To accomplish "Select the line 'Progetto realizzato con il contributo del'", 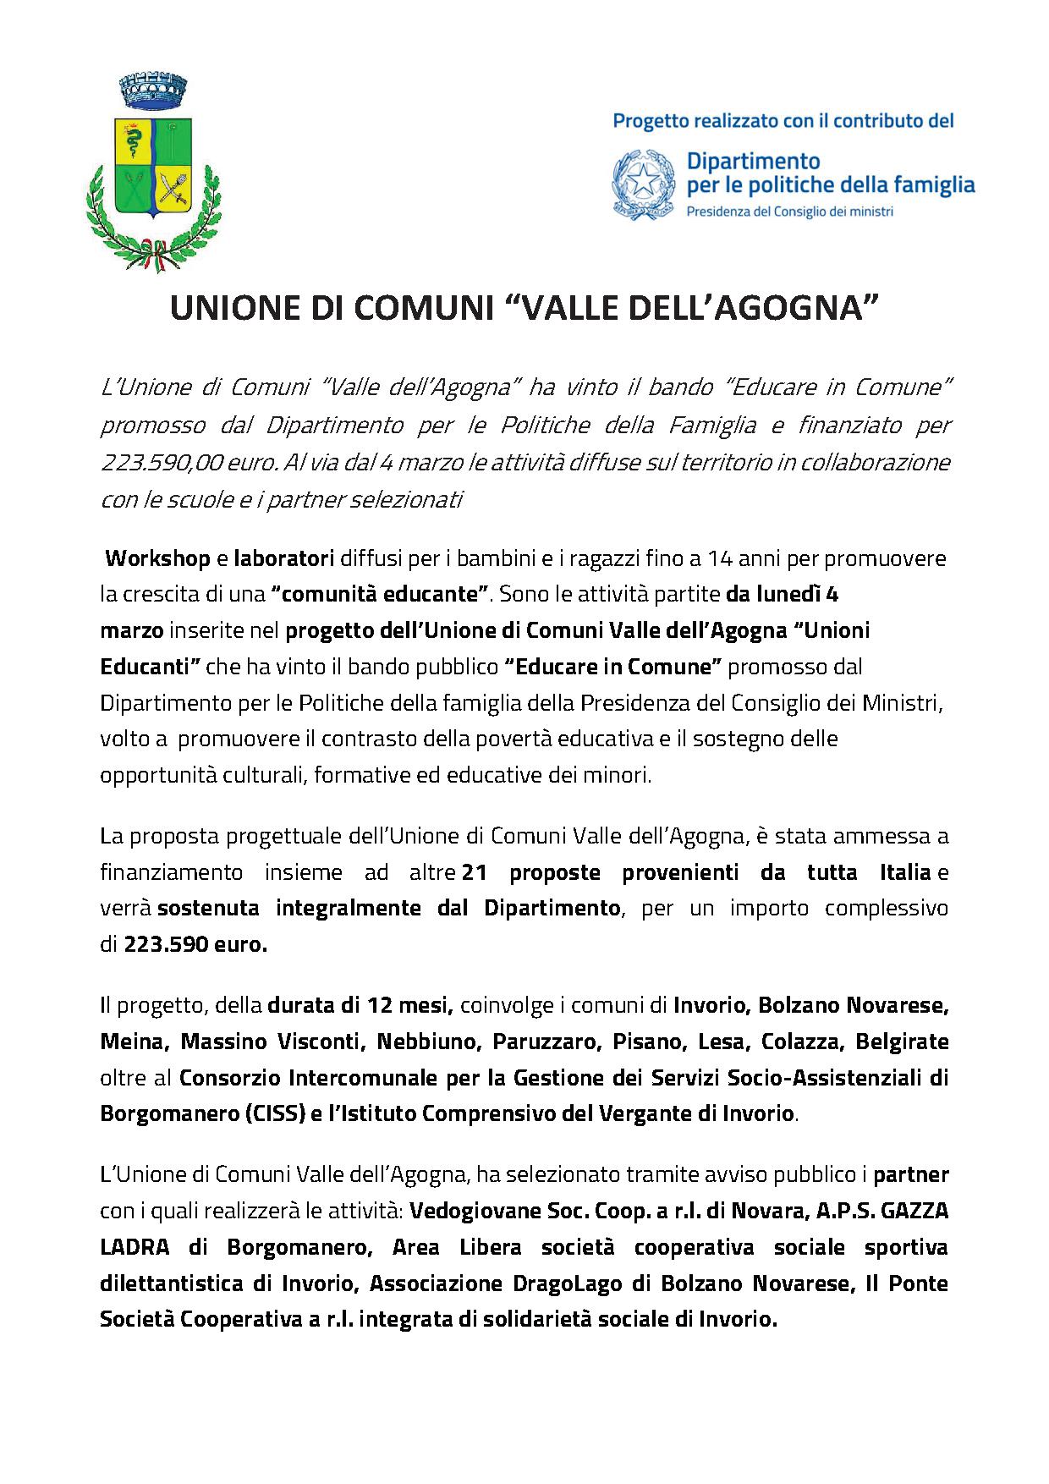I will tap(783, 121).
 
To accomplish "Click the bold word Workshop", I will tap(158, 558).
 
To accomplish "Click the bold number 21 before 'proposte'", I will tap(475, 872).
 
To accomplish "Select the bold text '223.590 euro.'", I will tap(195, 945).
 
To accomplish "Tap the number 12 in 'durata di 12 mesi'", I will tap(378, 1006).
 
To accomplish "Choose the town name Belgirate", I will tap(902, 1042).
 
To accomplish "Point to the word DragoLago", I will tap(558, 1283).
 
